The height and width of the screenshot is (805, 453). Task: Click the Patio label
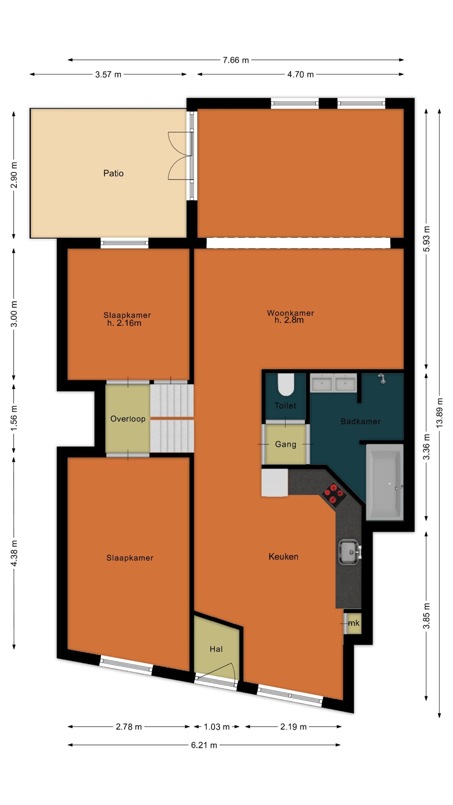pyautogui.click(x=113, y=173)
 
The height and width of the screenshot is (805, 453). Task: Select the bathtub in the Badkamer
pyautogui.click(x=384, y=482)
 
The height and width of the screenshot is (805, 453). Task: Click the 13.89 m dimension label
pyautogui.click(x=439, y=412)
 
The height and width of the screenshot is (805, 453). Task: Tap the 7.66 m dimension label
pyautogui.click(x=236, y=60)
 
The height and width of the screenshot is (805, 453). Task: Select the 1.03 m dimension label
pyautogui.click(x=217, y=727)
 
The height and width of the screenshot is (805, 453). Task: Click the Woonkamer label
pyautogui.click(x=290, y=313)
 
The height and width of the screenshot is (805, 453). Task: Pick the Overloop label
pyautogui.click(x=128, y=419)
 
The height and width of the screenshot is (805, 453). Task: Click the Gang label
pyautogui.click(x=286, y=444)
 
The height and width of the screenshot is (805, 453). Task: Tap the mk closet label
pyautogui.click(x=354, y=623)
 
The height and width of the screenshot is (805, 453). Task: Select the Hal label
pyautogui.click(x=216, y=649)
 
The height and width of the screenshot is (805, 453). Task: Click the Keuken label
pyautogui.click(x=283, y=557)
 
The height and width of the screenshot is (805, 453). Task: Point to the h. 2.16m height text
pyautogui.click(x=124, y=323)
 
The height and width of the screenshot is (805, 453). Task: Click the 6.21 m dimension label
pyautogui.click(x=204, y=745)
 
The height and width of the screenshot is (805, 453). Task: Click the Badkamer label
pyautogui.click(x=361, y=421)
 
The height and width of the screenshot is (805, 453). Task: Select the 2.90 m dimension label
pyautogui.click(x=14, y=175)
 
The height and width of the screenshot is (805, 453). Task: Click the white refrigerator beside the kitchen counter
pyautogui.click(x=275, y=483)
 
